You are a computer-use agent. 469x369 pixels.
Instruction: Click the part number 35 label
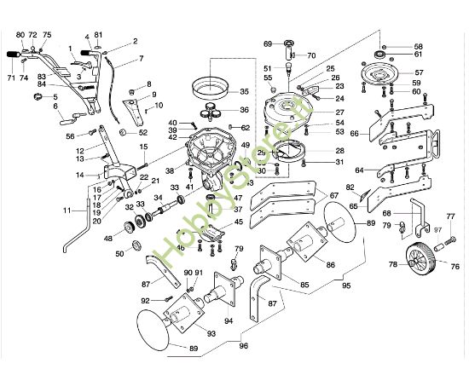tap(244, 91)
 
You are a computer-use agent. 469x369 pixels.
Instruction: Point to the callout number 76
tap(455, 267)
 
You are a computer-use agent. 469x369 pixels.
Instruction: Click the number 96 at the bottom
tap(244, 346)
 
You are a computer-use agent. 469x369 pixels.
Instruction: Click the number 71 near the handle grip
tap(12, 78)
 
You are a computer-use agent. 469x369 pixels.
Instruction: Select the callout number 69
tap(267, 43)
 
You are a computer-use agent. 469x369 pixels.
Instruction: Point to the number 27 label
tap(316, 112)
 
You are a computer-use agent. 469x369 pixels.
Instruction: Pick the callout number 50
tap(119, 253)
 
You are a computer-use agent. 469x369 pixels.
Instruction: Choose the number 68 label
tap(387, 212)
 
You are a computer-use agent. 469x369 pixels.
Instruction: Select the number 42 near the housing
tap(172, 137)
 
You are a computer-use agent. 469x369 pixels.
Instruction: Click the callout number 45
tap(239, 222)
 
